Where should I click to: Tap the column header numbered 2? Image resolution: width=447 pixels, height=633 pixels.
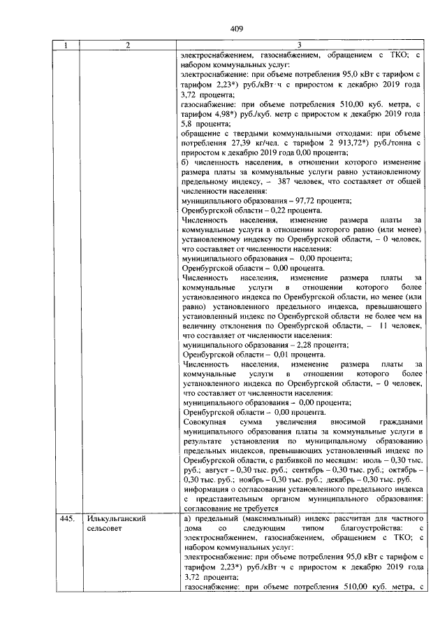pos(128,46)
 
